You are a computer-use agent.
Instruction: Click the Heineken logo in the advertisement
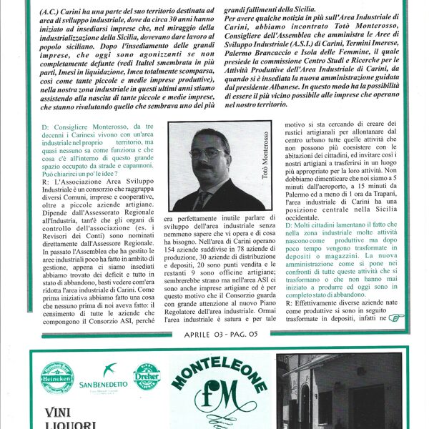57,377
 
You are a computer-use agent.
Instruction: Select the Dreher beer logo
147,376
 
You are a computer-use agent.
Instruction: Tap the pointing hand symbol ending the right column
395,318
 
